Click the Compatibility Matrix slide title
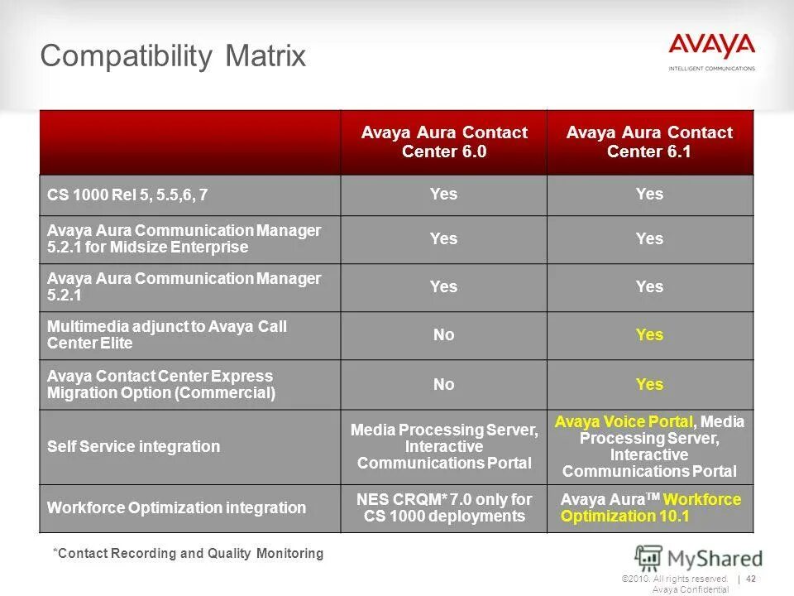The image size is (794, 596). [173, 56]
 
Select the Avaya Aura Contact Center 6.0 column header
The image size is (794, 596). [443, 142]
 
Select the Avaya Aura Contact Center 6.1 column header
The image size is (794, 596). [649, 142]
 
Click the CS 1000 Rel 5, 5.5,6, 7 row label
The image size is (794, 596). [127, 195]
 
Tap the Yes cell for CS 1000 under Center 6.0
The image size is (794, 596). [443, 194]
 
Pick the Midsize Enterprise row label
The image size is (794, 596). [184, 238]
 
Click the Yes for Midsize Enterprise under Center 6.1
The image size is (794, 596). [649, 238]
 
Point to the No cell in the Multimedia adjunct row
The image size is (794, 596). [443, 334]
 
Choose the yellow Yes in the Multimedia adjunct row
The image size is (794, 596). [649, 334]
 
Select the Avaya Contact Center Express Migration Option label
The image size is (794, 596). [160, 384]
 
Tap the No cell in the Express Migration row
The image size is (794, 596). [443, 384]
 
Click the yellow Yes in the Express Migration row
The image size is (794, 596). [649, 384]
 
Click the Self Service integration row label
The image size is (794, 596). [133, 446]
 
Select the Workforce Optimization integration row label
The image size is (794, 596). [176, 507]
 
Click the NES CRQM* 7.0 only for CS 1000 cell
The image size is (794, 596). [443, 507]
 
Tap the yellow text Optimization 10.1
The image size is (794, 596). [624, 517]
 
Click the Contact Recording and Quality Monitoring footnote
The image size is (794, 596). [188, 553]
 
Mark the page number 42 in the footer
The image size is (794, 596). [752, 579]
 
